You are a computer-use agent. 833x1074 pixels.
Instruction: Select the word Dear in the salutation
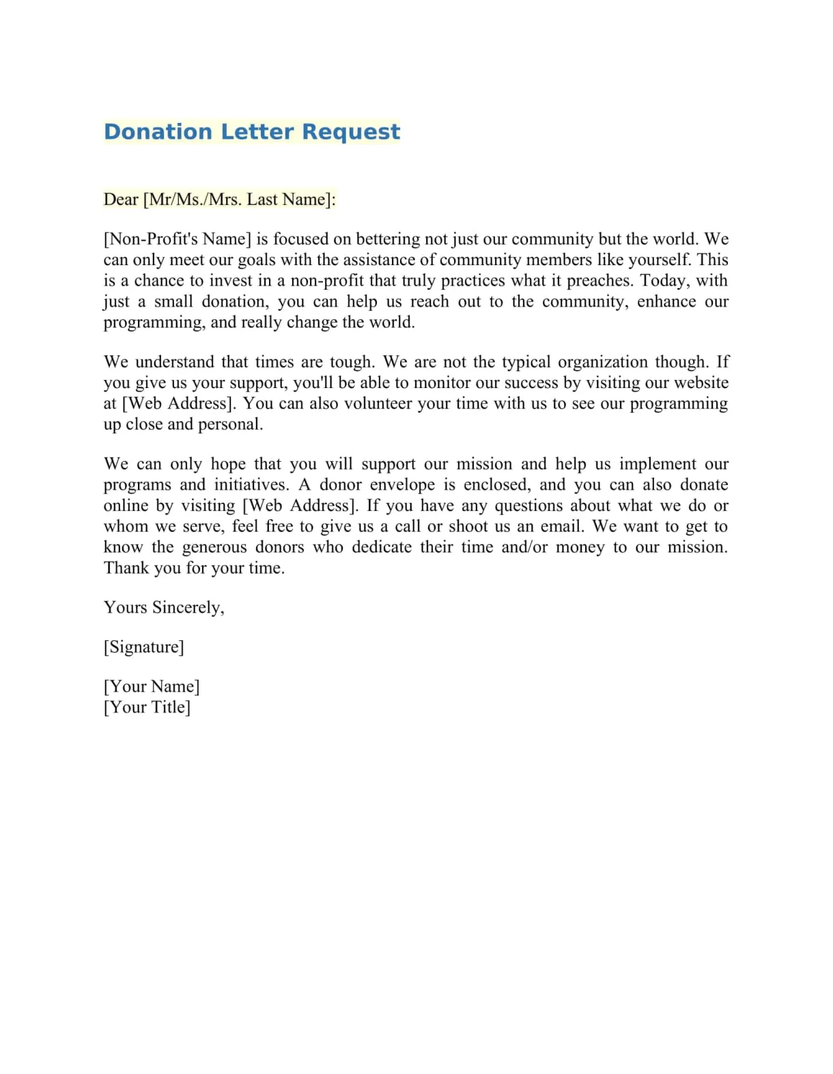point(121,199)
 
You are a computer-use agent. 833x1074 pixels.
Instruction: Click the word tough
point(352,362)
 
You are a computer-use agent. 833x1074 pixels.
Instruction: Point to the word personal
point(229,424)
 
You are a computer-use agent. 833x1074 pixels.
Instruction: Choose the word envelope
point(402,485)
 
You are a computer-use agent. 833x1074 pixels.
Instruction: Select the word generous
point(214,547)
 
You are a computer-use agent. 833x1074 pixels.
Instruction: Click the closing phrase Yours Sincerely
point(164,607)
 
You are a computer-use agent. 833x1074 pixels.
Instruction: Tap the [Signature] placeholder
point(144,647)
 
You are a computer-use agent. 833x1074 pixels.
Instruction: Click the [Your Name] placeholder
point(152,687)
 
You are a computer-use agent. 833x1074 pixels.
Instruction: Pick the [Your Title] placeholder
point(147,707)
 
